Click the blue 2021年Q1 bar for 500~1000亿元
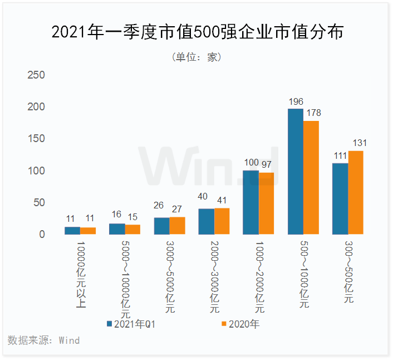[295, 172]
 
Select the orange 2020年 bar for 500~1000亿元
[311, 177]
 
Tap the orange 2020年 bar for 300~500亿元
[356, 192]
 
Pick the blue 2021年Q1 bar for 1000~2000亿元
[250, 202]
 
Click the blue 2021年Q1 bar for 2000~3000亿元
[206, 221]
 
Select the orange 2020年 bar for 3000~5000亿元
[178, 225]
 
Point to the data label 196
[296, 101]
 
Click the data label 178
[313, 113]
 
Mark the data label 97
[267, 163]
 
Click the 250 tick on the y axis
[36, 75]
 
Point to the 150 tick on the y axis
[36, 139]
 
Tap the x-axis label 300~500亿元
[348, 271]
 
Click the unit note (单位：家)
[196, 57]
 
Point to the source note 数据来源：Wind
[44, 340]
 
